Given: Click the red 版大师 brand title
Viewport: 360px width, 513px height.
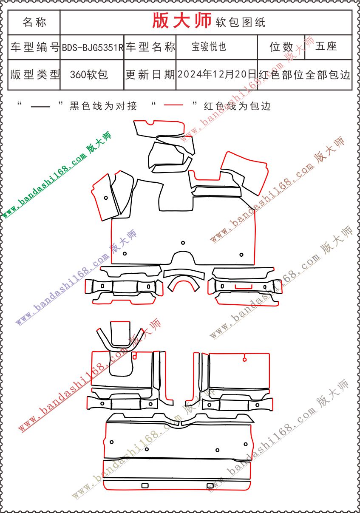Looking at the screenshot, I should [x=181, y=21].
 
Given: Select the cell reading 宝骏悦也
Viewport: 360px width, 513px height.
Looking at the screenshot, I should [x=209, y=47].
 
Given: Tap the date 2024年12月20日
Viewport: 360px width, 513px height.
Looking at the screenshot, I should [x=217, y=74].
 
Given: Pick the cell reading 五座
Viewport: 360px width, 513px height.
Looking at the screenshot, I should [x=326, y=46].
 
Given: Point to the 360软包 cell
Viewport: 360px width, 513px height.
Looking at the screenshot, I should [x=89, y=75].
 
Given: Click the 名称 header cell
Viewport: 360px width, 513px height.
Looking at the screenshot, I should [x=34, y=22].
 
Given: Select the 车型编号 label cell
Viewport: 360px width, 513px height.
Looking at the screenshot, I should [x=34, y=47].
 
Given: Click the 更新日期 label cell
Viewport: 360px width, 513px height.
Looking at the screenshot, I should [x=150, y=75].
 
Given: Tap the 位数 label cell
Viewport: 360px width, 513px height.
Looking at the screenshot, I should [x=281, y=47].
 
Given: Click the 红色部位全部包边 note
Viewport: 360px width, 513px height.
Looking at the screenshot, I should [x=304, y=75].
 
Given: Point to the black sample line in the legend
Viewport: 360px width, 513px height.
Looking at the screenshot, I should [x=41, y=106].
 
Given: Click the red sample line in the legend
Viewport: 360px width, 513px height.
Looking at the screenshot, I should [x=173, y=105].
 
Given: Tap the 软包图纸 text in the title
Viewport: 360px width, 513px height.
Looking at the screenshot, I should [x=241, y=22].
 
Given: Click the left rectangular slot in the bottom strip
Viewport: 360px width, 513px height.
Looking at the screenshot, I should [x=145, y=485].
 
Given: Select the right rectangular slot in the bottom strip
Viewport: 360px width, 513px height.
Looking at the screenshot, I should [x=210, y=485].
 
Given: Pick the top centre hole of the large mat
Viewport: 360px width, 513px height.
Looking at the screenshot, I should [x=183, y=243].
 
